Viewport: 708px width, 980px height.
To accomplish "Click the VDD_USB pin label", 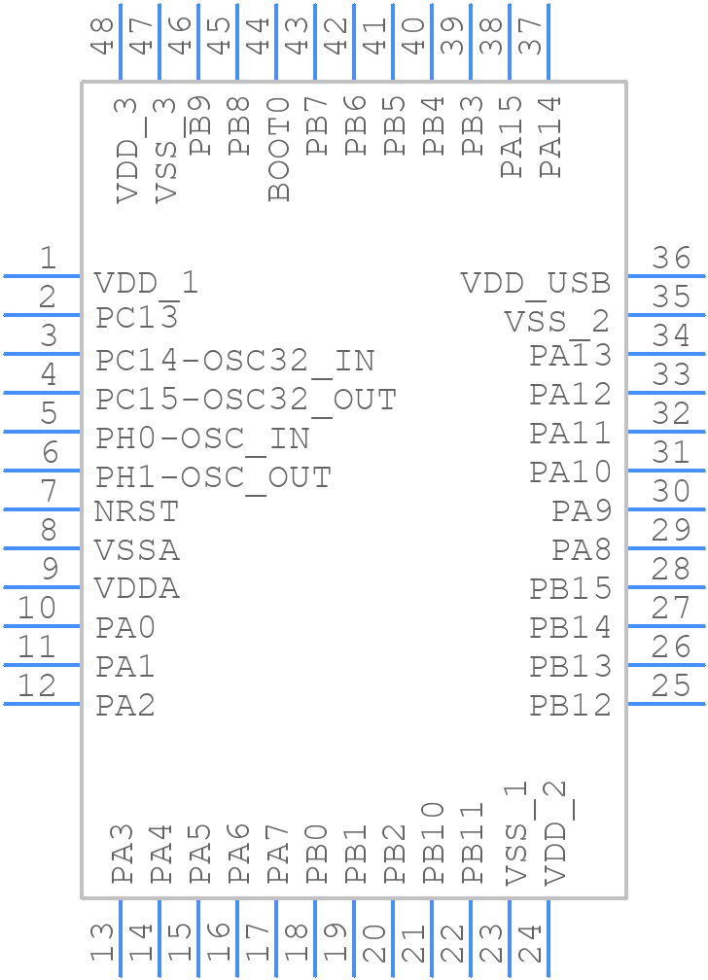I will [x=535, y=283].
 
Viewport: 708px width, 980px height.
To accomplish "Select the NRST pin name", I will [x=136, y=511].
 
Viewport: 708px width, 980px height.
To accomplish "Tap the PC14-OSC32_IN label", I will [x=234, y=361].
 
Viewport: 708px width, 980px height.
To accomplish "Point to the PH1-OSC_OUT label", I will [x=213, y=477].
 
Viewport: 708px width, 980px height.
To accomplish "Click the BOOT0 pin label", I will [x=279, y=149].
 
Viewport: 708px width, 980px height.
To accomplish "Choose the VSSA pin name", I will [x=137, y=550].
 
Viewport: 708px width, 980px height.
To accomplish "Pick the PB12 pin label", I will [x=570, y=706].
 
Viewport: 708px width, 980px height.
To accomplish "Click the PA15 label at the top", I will [x=512, y=136].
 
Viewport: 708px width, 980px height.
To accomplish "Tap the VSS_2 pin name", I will [x=556, y=322].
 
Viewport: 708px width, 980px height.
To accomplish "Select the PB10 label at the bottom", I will [x=434, y=842].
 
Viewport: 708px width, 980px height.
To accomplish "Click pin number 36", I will [x=671, y=259].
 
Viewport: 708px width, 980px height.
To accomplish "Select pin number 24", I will [x=530, y=944].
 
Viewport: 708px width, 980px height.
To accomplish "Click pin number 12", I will [x=37, y=686].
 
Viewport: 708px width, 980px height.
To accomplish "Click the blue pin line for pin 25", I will [x=666, y=704].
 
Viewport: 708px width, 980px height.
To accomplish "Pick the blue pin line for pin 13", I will [x=121, y=938].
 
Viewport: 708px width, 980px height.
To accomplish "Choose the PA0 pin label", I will [x=125, y=628].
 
